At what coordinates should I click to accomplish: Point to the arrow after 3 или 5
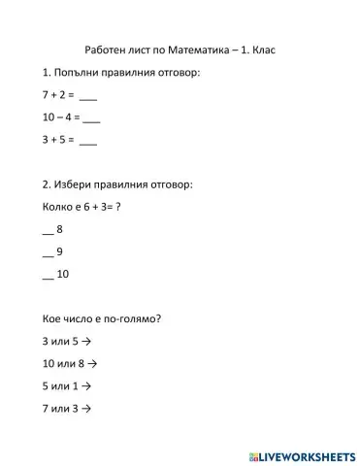pyautogui.click(x=86, y=342)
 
